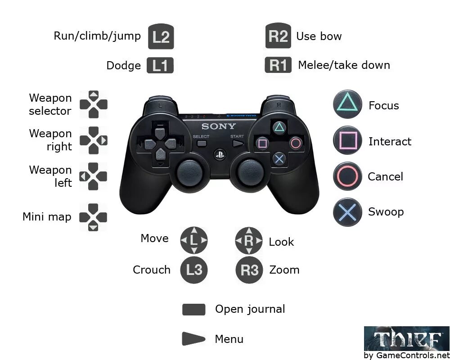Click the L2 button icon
(x=161, y=37)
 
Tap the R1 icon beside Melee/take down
(x=278, y=65)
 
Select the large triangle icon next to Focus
(x=347, y=104)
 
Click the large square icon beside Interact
(x=347, y=140)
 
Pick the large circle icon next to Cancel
(x=347, y=176)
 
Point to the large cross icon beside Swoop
(x=347, y=212)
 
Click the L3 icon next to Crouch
(x=194, y=270)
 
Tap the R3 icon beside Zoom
(x=249, y=270)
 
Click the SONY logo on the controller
(x=218, y=126)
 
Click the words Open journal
(x=250, y=309)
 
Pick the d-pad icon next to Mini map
(x=93, y=217)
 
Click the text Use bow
(x=319, y=36)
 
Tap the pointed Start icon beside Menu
(x=193, y=339)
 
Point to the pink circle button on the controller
(x=296, y=144)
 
